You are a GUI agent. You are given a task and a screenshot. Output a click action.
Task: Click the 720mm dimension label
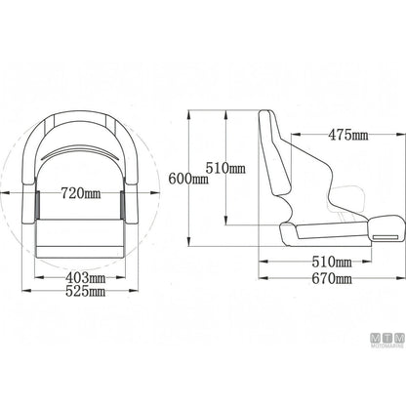pos(81,194)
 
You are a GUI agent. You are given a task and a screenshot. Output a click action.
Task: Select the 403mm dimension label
pos(85,278)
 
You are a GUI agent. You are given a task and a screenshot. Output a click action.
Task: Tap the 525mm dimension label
pos(85,291)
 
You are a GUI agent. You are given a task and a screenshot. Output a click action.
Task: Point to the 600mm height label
pos(188,179)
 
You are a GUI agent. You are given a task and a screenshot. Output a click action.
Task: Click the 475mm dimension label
pos(348,135)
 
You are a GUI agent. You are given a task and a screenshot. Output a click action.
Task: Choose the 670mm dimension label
pos(332,278)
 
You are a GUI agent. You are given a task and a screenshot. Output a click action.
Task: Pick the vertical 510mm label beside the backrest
pos(225,168)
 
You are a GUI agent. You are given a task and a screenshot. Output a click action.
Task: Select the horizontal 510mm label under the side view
pos(332,262)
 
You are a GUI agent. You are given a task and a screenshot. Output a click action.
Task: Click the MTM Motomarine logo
pos(387,341)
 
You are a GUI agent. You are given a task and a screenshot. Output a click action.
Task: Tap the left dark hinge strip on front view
pos(37,205)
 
